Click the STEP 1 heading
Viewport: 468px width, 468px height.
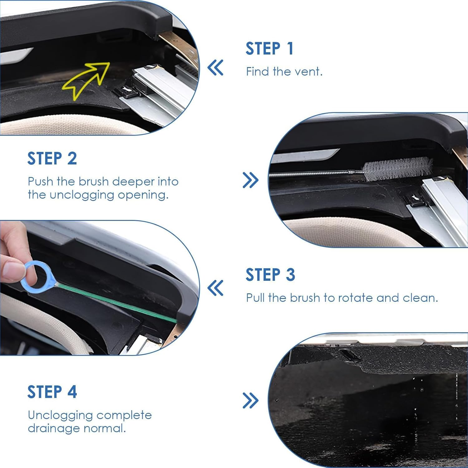(x=269, y=49)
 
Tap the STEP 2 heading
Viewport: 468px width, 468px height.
(x=52, y=158)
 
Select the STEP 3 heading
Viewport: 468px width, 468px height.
(x=270, y=275)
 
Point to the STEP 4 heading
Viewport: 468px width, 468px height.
(x=52, y=392)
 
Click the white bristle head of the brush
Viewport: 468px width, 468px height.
(x=398, y=168)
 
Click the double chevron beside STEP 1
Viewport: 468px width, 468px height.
(x=215, y=68)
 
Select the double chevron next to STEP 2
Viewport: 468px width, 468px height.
(x=251, y=180)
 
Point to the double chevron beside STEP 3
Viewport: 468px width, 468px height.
(x=215, y=288)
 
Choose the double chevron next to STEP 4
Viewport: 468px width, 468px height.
(x=251, y=401)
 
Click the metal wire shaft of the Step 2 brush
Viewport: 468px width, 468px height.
(x=312, y=174)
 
